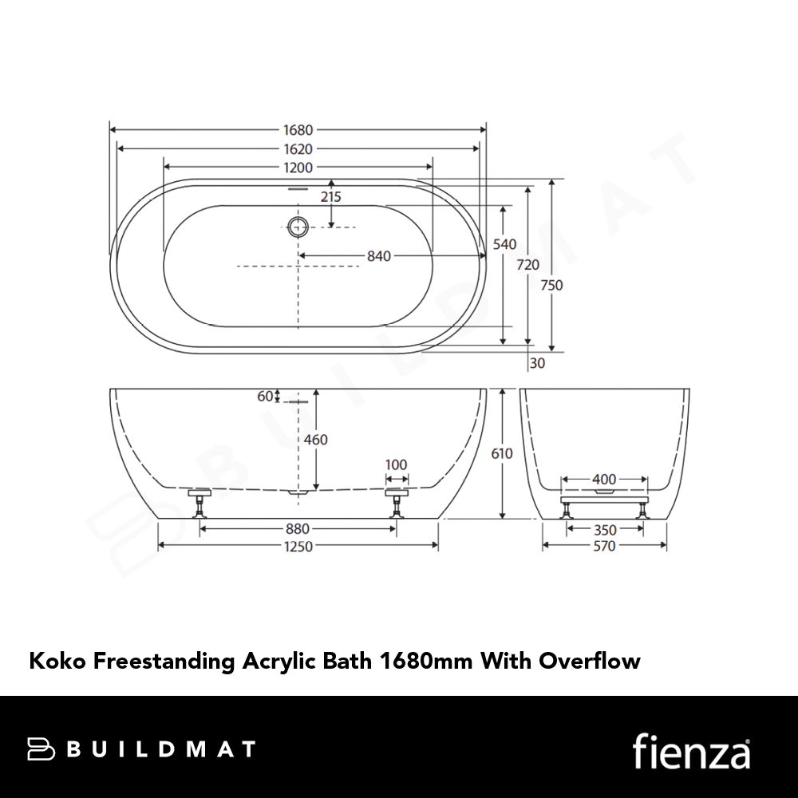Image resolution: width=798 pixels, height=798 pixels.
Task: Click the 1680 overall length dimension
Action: click(x=298, y=130)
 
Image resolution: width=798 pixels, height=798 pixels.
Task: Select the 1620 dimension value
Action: click(x=298, y=149)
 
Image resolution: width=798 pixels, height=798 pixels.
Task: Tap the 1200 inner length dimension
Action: click(x=298, y=168)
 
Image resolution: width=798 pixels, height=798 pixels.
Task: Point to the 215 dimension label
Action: click(x=331, y=196)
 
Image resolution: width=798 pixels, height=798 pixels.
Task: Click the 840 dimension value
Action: click(x=379, y=256)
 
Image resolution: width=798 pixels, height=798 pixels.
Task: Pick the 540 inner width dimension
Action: click(x=504, y=244)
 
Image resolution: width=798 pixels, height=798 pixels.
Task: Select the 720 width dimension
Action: click(x=527, y=265)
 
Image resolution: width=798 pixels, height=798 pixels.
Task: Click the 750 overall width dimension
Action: click(x=551, y=285)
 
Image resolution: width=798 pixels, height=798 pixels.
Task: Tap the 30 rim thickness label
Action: click(x=537, y=363)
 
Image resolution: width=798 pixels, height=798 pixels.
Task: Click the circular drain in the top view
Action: click(x=298, y=227)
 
